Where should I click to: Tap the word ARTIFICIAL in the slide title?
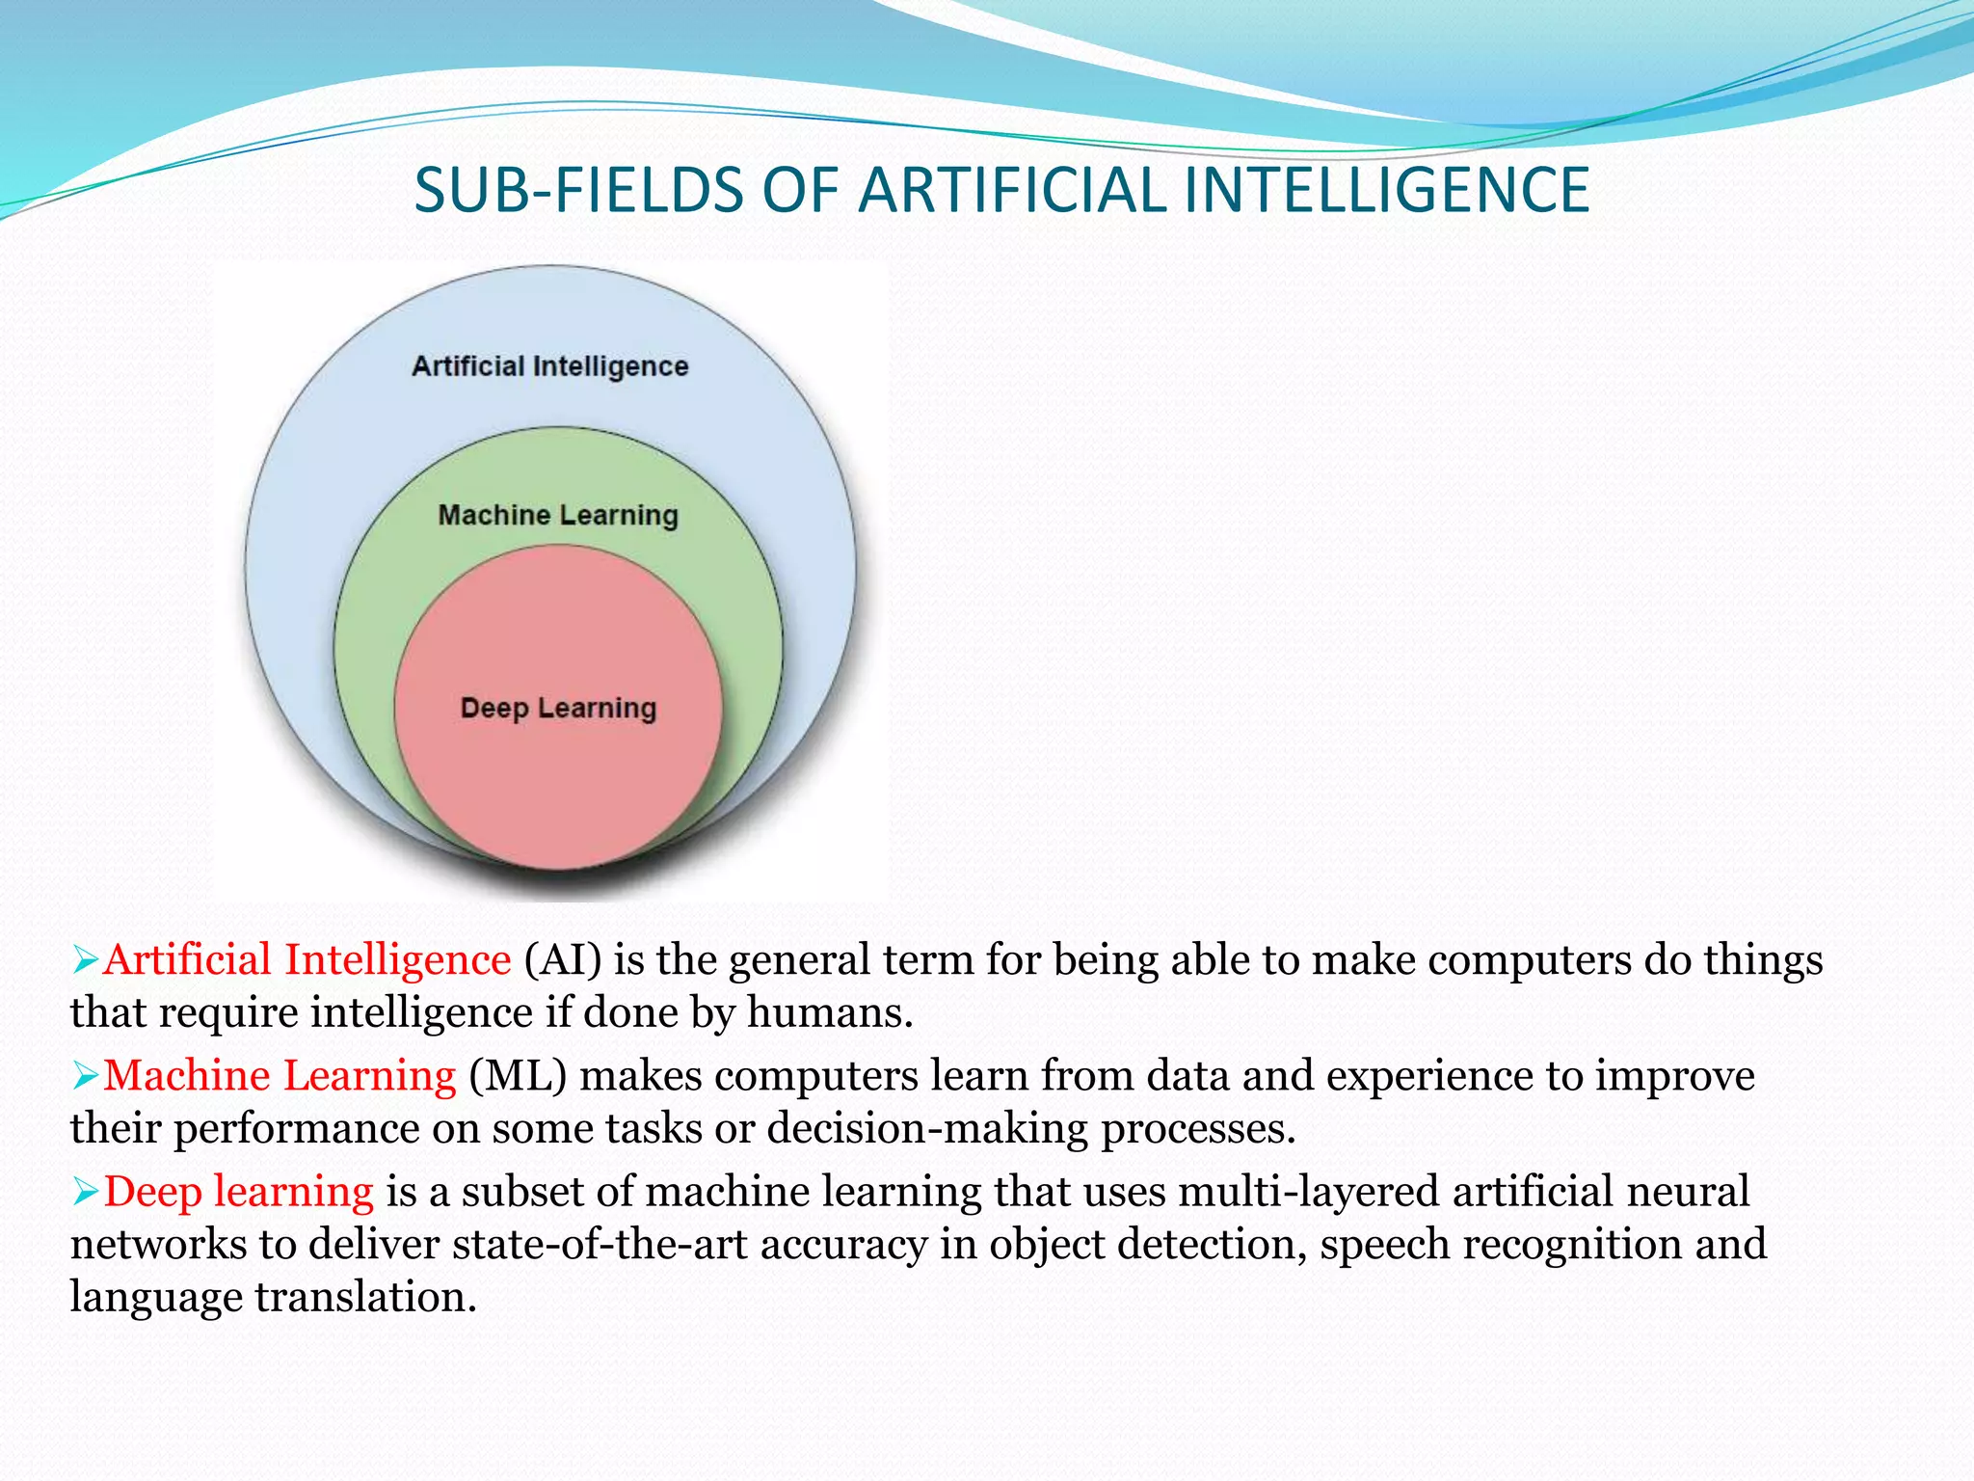(x=1012, y=190)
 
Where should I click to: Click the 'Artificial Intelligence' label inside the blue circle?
(x=550, y=366)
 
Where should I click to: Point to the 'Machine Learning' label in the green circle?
(x=558, y=515)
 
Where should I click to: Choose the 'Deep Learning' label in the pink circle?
(x=558, y=708)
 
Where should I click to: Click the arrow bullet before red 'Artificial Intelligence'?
(x=86, y=960)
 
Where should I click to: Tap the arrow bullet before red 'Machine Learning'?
(x=86, y=1076)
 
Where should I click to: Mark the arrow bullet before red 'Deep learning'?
(x=86, y=1193)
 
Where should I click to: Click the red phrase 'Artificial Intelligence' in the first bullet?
(x=307, y=960)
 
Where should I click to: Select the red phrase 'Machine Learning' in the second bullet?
(x=280, y=1076)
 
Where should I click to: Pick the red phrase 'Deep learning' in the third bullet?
(x=238, y=1193)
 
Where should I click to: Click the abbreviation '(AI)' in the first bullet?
(x=563, y=960)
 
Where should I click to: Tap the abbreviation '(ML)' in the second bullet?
(x=518, y=1076)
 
